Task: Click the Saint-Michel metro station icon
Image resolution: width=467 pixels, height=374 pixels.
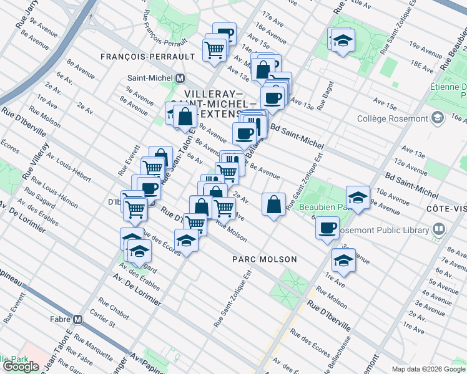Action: (180, 79)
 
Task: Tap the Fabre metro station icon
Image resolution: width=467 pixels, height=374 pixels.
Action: (77, 319)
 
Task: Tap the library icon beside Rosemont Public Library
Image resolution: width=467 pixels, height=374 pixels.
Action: (440, 230)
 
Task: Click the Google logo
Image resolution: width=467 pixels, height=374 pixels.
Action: (21, 367)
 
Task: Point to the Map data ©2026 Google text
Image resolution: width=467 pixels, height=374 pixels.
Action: (428, 369)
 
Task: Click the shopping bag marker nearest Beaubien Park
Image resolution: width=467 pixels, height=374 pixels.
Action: (273, 204)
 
